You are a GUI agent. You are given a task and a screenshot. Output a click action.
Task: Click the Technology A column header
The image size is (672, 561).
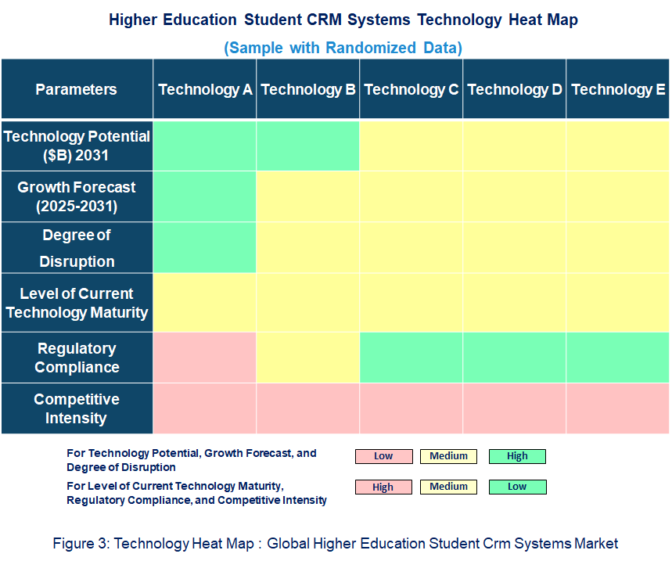coord(205,89)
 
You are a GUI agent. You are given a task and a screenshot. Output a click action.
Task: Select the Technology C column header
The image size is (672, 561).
coord(411,89)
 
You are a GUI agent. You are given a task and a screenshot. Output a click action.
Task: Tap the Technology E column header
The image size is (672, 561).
coord(618,89)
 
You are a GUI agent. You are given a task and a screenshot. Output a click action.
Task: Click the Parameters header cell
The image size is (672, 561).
coord(77,89)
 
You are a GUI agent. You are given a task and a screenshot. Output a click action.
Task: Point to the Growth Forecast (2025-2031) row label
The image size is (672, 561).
coord(77,197)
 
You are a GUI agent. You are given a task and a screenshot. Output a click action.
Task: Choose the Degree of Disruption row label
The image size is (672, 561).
coord(77,248)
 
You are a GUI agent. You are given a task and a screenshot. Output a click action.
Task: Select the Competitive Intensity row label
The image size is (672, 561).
coord(77,408)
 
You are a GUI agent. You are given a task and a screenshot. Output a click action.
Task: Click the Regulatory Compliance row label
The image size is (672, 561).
coord(77,358)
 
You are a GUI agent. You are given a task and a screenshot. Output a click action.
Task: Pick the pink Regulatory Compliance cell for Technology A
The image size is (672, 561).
coord(205,358)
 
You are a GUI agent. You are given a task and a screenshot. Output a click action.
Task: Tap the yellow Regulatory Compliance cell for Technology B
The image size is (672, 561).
coord(308,358)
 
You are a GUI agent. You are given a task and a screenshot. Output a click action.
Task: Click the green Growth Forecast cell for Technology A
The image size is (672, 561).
coord(205,197)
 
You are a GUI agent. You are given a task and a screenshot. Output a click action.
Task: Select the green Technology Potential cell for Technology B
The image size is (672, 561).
coord(308,146)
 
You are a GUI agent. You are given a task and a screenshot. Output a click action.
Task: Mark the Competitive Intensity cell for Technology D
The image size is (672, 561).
coord(515,408)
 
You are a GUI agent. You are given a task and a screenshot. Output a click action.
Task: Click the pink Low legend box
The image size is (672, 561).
coord(383,456)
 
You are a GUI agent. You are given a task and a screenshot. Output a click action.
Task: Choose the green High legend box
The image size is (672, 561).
coord(517,456)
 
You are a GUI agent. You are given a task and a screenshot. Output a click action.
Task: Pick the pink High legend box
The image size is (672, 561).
coord(383,487)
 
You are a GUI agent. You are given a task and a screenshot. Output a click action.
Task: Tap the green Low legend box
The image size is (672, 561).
coord(517,487)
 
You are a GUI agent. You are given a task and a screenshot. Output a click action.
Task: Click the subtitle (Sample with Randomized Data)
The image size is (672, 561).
coord(343,48)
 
